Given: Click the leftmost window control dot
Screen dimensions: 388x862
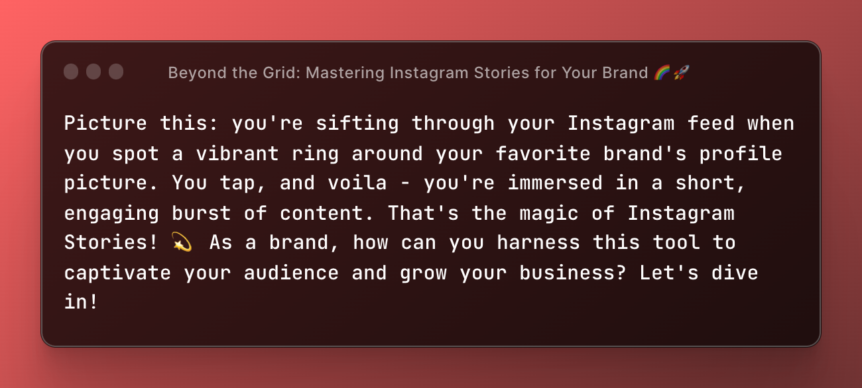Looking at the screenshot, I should pyautogui.click(x=71, y=72).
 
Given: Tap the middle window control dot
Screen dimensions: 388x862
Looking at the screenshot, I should pyautogui.click(x=93, y=72).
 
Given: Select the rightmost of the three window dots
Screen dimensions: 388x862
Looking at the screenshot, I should pyautogui.click(x=116, y=72).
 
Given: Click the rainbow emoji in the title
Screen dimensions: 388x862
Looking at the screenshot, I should pyautogui.click(x=662, y=72).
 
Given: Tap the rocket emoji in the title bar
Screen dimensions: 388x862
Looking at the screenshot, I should pyautogui.click(x=681, y=72).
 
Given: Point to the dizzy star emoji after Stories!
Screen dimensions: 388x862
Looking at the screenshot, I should pyautogui.click(x=182, y=243).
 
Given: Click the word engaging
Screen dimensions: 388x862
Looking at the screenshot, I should pyautogui.click(x=112, y=213).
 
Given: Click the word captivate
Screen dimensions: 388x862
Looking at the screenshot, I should pyautogui.click(x=118, y=273).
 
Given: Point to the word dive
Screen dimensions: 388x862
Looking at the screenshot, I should pyautogui.click(x=735, y=273).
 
